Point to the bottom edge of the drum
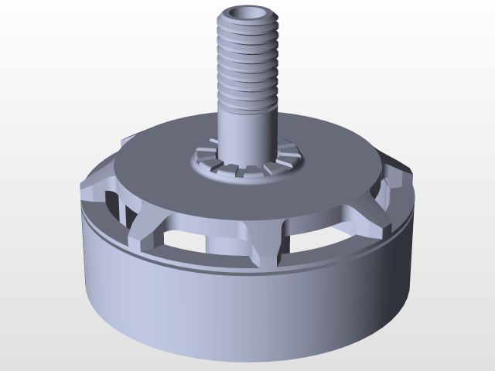(x=247, y=357)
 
